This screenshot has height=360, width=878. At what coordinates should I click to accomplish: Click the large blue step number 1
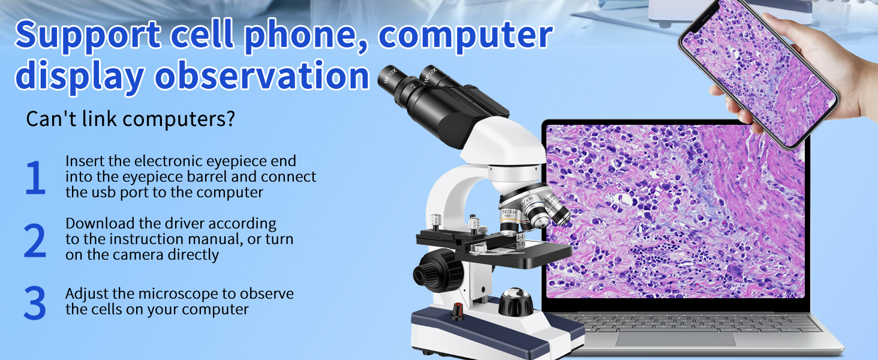pos(35,177)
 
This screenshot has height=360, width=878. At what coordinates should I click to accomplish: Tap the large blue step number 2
pos(35,240)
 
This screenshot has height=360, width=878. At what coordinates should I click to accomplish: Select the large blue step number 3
pos(35,302)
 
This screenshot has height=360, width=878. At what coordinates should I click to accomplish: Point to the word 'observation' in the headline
pos(262,75)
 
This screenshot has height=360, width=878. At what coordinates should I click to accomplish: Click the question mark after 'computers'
pos(230,118)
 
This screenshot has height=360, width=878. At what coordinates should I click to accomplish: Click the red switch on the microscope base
pos(457,311)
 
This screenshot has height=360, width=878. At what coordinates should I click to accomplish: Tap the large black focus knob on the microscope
pos(438,271)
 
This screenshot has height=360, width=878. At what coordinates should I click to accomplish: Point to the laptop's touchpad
pos(675,339)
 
